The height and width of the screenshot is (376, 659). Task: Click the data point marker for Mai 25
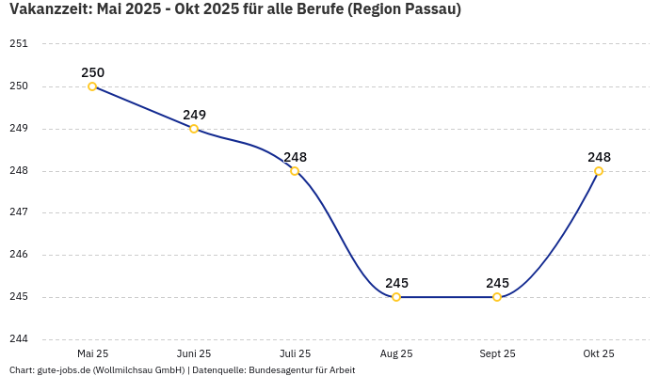[x=92, y=86]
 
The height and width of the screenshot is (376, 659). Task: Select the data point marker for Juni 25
[x=194, y=129]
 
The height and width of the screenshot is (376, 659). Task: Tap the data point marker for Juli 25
[x=295, y=171]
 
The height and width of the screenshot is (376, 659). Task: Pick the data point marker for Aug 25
[x=396, y=297]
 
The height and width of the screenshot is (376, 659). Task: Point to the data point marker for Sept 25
[x=497, y=297]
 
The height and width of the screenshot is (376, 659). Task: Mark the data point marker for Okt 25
[x=599, y=171]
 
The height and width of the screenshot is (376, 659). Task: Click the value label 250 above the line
[x=92, y=72]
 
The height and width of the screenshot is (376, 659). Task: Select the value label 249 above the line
[x=194, y=115]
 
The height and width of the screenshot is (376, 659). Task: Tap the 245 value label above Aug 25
[x=396, y=283]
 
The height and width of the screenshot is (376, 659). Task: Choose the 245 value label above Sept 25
[x=497, y=283]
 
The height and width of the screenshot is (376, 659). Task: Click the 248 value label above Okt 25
[x=599, y=157]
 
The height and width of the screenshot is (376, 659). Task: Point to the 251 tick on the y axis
[x=19, y=44]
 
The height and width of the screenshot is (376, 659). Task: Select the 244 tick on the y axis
[x=19, y=339]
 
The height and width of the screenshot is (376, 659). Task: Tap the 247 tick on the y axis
[x=19, y=212]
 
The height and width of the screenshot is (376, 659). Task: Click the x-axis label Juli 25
[x=295, y=353]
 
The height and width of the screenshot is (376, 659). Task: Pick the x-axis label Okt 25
[x=599, y=353]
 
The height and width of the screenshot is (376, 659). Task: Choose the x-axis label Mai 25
[x=92, y=353]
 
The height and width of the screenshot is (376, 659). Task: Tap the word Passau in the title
[x=427, y=10]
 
